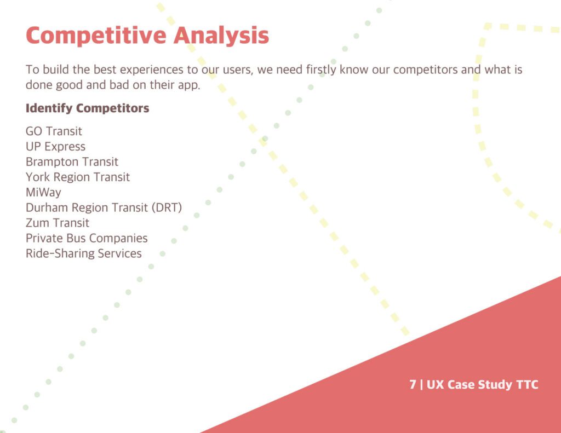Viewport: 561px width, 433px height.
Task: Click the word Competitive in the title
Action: (x=96, y=36)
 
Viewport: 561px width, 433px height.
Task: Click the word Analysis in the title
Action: (x=221, y=36)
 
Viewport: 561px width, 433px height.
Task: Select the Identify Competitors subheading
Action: (x=87, y=108)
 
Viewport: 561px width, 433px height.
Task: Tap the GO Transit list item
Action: (x=54, y=131)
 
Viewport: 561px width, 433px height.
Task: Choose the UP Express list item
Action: (x=55, y=147)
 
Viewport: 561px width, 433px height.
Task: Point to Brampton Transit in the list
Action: (x=72, y=162)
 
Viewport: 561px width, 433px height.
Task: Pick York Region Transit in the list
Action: (x=78, y=177)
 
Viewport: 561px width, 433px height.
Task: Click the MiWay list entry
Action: (x=43, y=192)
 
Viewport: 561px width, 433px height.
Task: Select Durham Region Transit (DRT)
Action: (x=104, y=207)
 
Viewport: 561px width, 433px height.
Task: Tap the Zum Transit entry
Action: (x=57, y=223)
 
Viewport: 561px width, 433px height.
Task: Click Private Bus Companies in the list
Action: (x=87, y=239)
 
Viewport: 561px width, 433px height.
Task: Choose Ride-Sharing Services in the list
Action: (x=84, y=253)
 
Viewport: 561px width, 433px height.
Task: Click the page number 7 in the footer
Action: (x=413, y=384)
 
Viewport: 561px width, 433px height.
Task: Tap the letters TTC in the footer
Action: (x=528, y=384)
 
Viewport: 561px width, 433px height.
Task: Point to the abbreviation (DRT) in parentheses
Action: (x=167, y=207)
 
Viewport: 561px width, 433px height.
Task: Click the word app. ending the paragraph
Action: (x=189, y=85)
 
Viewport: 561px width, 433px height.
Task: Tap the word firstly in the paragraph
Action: (x=321, y=70)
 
